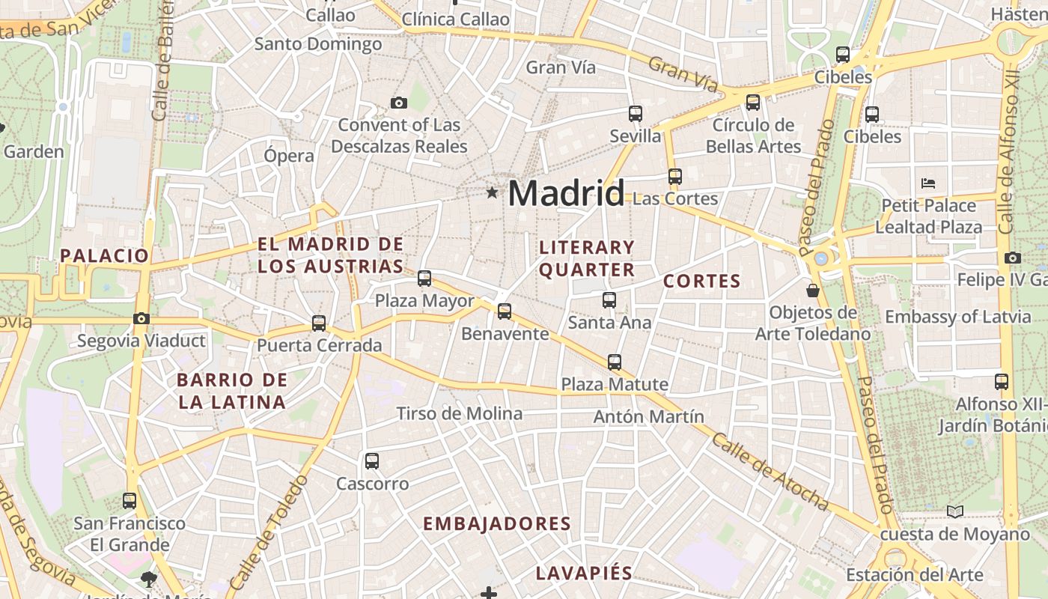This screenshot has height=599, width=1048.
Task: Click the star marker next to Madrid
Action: (492, 193)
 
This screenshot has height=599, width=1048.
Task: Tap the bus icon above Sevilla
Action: (636, 114)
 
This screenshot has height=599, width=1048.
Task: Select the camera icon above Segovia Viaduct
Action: (141, 319)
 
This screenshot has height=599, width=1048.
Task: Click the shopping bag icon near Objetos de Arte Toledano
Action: (813, 290)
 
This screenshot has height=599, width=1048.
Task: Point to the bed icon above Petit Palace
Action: (928, 183)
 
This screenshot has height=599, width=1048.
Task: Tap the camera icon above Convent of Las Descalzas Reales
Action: (399, 103)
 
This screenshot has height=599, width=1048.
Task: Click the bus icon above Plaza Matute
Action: (615, 362)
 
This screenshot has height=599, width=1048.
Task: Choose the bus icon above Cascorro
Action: (372, 461)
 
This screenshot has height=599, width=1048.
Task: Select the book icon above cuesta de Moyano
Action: (954, 512)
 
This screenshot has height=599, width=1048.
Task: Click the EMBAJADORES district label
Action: (497, 524)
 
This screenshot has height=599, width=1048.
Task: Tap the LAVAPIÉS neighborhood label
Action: (584, 574)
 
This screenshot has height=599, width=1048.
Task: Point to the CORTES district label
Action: (701, 282)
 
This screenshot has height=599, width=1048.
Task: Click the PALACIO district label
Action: (105, 255)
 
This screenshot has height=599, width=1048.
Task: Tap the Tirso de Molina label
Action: (459, 413)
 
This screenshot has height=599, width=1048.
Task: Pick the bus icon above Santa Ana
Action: (609, 300)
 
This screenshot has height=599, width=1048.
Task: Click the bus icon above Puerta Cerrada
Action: (319, 323)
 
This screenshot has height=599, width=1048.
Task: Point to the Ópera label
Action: (289, 156)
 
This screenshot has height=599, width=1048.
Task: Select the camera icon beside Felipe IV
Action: (1013, 258)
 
